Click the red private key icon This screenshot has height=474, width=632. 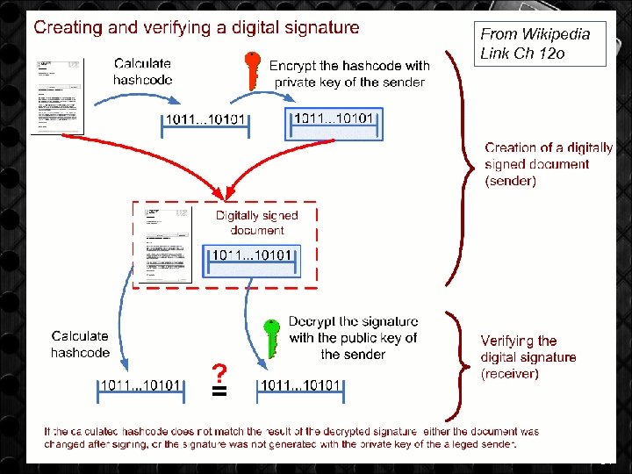pyautogui.click(x=253, y=70)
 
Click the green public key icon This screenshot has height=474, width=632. pyautogui.click(x=273, y=336)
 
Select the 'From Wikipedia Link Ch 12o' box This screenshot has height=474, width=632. pyautogui.click(x=542, y=44)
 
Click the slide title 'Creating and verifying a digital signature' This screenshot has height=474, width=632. pyautogui.click(x=197, y=27)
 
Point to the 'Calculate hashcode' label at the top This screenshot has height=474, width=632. pyautogui.click(x=142, y=71)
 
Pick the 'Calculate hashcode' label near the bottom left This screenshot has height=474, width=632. pyautogui.click(x=80, y=344)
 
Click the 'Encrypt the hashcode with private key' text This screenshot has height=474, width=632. pyautogui.click(x=349, y=74)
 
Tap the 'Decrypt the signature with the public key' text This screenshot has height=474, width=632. pyautogui.click(x=353, y=338)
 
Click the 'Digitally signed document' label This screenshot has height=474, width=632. pyautogui.click(x=257, y=222)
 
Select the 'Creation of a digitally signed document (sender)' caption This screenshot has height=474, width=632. pyautogui.click(x=549, y=164)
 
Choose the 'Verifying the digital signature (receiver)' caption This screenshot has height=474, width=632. pyautogui.click(x=528, y=356)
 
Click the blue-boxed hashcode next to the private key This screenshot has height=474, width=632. pyautogui.click(x=334, y=124)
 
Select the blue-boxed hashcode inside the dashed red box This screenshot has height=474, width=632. pyautogui.click(x=252, y=260)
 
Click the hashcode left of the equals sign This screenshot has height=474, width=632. pyautogui.click(x=141, y=386)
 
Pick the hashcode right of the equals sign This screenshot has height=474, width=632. pyautogui.click(x=300, y=386)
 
